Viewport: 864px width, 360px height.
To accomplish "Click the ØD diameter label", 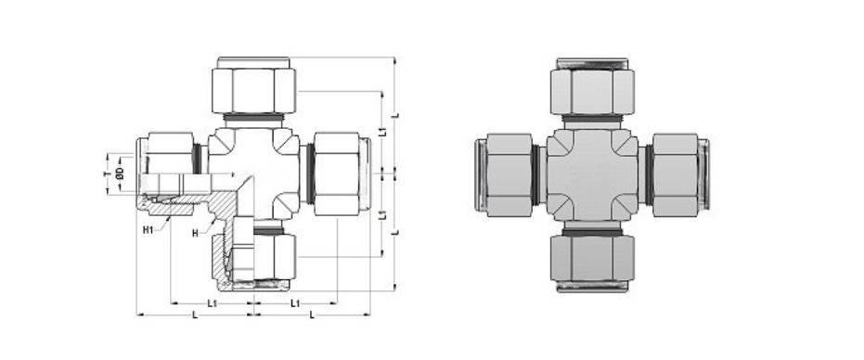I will [120, 174].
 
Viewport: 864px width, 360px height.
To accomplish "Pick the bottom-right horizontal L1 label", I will [294, 303].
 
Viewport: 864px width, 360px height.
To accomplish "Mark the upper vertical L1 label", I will [382, 131].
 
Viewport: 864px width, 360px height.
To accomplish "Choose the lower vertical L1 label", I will [382, 215].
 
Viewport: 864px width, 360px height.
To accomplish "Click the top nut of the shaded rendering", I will [590, 90].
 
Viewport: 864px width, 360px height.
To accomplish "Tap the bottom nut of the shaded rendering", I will [590, 261].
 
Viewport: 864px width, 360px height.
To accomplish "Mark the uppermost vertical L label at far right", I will [396, 115].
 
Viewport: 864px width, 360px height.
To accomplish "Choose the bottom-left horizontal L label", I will [193, 316].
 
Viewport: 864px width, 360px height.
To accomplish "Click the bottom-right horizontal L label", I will [311, 316].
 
